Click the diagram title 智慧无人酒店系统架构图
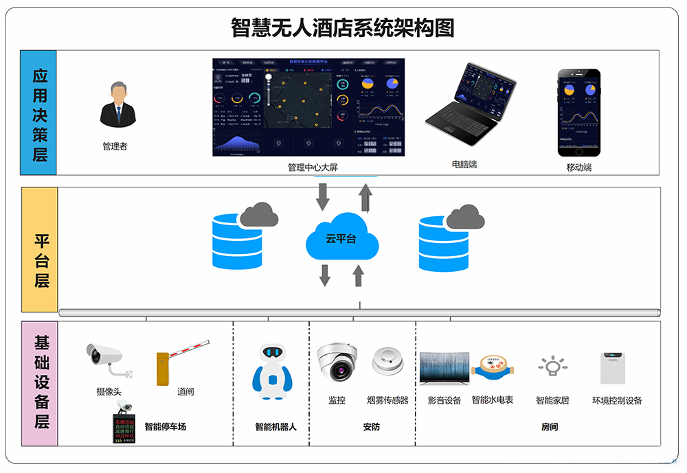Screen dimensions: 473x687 tap(343, 27)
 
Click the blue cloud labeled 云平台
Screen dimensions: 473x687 tap(341, 240)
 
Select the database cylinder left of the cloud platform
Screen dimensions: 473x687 tap(238, 241)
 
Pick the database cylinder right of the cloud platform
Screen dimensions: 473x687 tap(444, 243)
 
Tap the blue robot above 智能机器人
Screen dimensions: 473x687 tap(273, 371)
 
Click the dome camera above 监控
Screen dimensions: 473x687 tap(337, 363)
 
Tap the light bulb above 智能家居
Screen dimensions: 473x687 tap(552, 367)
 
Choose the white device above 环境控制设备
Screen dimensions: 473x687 tap(613, 368)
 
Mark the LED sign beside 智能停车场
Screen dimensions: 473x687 tap(126, 425)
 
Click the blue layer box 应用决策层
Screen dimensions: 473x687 tap(38, 113)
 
